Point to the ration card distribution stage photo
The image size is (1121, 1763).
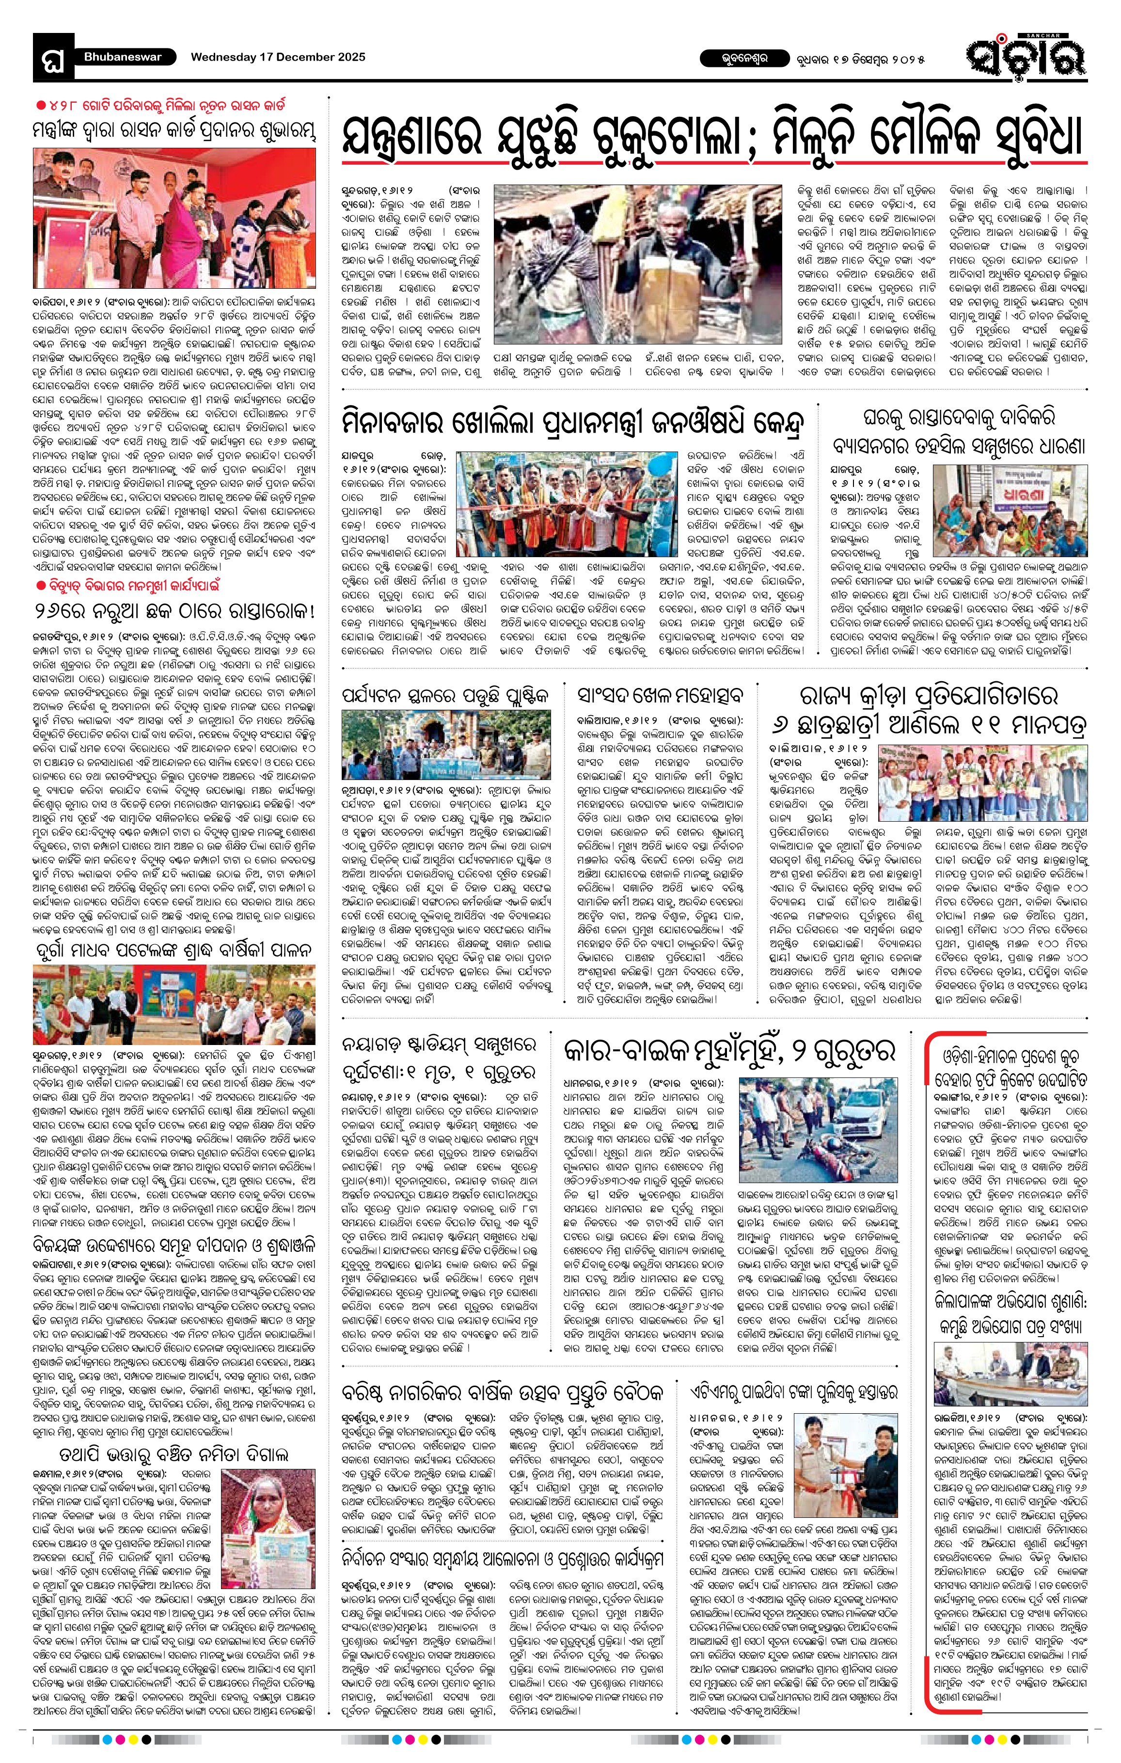point(174,221)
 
